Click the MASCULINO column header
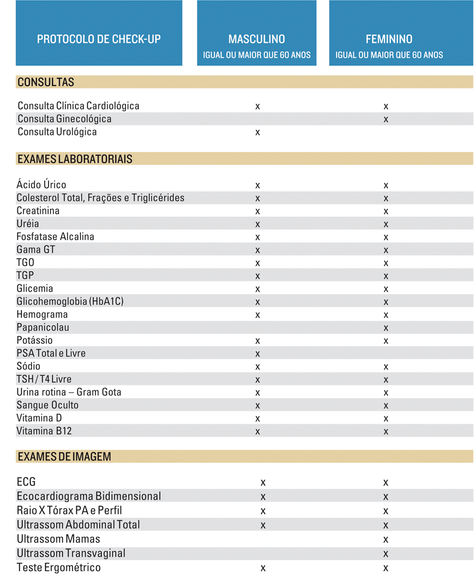(x=256, y=39)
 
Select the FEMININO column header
(x=389, y=39)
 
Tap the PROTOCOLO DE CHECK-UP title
(x=99, y=39)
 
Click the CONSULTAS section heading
(x=46, y=82)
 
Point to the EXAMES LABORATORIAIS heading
(x=74, y=159)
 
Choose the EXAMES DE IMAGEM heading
(x=64, y=457)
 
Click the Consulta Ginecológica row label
(x=64, y=119)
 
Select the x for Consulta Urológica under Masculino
(x=258, y=132)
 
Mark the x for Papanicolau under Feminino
(x=386, y=328)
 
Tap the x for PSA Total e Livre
(x=258, y=354)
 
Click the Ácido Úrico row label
(x=42, y=185)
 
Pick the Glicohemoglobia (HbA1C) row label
(x=70, y=302)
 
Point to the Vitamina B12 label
(x=44, y=431)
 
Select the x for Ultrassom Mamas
(x=386, y=540)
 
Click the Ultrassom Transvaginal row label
(x=71, y=553)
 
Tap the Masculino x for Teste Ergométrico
(x=263, y=568)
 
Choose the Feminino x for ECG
(x=386, y=483)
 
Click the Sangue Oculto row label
(x=48, y=405)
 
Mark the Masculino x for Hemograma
(x=258, y=315)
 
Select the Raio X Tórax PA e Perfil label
(x=70, y=511)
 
